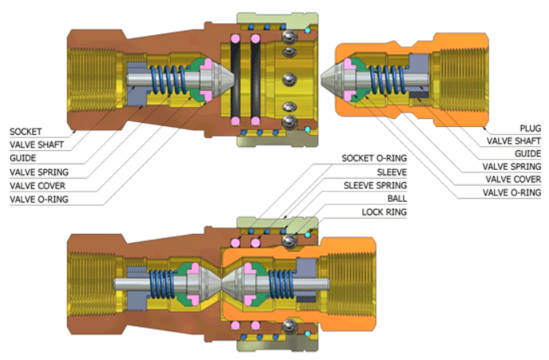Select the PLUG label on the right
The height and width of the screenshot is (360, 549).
528,128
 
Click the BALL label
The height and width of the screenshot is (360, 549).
397,198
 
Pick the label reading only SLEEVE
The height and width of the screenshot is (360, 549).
392,171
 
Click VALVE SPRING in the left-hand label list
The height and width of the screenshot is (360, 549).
38,172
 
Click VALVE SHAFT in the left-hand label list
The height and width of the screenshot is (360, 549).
35,144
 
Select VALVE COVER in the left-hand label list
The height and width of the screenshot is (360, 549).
37,185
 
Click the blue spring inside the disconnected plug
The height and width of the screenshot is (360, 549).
382,80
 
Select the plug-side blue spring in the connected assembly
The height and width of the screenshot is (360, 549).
279,283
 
